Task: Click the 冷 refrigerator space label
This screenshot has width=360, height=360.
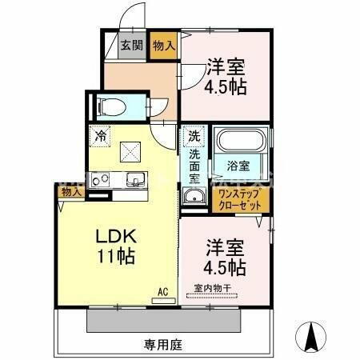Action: [x=100, y=137]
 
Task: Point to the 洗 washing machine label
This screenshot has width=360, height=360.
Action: [x=194, y=136]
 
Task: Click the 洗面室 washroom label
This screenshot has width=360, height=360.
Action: [x=194, y=166]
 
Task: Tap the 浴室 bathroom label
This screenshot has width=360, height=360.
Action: [x=238, y=166]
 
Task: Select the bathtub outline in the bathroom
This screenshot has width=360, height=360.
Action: [x=242, y=142]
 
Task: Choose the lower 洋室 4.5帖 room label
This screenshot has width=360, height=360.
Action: [x=224, y=254]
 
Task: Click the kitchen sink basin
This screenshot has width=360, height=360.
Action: [x=133, y=178]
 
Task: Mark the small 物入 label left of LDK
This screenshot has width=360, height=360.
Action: [x=70, y=193]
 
